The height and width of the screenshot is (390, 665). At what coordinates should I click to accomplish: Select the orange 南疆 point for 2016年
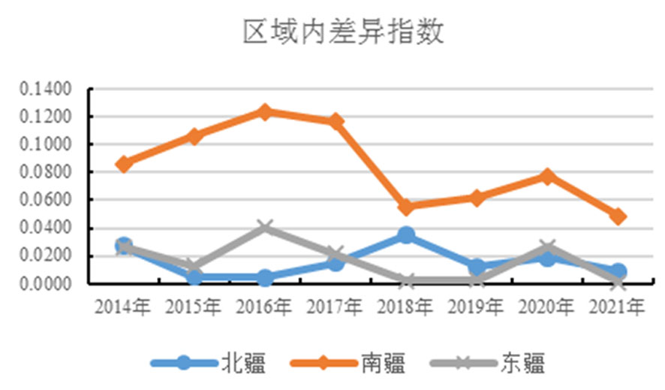point(265,112)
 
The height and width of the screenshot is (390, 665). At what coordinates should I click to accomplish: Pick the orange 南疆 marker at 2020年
point(547,177)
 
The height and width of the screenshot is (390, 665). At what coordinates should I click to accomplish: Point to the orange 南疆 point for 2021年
point(618,216)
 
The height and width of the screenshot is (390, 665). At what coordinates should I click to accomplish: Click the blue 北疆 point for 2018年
point(406,235)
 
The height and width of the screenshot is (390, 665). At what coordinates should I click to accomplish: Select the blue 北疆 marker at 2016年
point(265,278)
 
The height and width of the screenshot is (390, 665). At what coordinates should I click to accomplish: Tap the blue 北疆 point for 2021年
point(618,271)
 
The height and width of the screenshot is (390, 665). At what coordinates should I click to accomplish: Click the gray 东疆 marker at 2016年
point(265,227)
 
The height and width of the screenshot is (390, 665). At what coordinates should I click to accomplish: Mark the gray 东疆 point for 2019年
point(477,280)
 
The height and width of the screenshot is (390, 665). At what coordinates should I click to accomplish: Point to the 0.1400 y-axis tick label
point(46,89)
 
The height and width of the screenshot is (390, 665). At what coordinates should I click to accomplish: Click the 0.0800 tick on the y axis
point(46,172)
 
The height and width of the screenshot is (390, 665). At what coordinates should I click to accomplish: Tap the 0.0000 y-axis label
point(46,283)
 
